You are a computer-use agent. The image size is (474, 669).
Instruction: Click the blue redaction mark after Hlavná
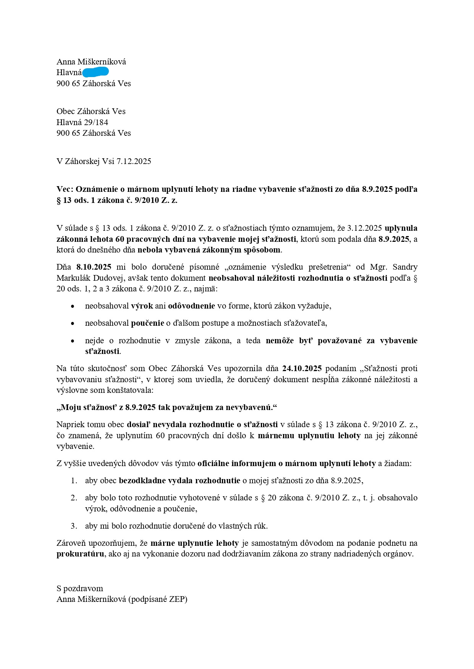click(95, 72)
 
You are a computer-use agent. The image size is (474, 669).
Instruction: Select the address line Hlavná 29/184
click(82, 122)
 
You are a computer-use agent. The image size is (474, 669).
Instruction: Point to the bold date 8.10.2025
click(94, 267)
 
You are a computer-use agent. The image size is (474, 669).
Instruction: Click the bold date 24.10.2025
click(302, 368)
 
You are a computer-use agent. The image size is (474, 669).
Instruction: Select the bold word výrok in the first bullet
click(142, 306)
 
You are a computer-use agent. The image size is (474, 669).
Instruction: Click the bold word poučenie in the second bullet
click(147, 323)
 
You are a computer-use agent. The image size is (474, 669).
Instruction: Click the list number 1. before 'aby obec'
click(74, 481)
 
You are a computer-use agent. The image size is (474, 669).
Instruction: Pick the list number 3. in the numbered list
click(74, 526)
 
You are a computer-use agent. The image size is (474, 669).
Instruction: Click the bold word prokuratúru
click(80, 554)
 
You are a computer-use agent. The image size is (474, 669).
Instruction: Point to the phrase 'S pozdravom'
click(80, 589)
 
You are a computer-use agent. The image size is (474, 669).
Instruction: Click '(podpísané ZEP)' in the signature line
click(158, 599)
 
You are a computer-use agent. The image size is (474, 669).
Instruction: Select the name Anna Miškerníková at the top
click(91, 62)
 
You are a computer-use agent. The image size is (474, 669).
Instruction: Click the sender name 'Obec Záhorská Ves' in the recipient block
click(91, 111)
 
